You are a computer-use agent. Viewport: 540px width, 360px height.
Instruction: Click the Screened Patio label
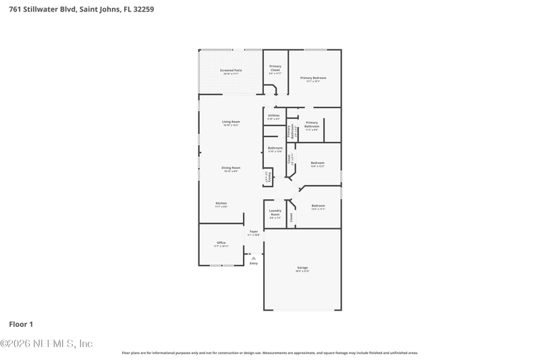(231, 70)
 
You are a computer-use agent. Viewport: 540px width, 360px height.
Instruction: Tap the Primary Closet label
(275, 68)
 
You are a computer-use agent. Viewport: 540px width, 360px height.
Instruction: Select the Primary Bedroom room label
(313, 78)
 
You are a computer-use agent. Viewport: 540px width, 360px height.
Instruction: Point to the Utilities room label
(273, 116)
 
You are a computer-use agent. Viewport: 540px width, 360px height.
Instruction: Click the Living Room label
(231, 122)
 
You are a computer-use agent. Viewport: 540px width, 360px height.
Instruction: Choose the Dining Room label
(231, 168)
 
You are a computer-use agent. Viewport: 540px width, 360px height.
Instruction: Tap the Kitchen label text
(221, 203)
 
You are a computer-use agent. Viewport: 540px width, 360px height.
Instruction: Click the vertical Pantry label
(269, 178)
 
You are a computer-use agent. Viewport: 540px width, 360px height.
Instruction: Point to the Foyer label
(254, 232)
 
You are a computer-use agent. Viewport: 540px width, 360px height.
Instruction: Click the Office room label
(221, 243)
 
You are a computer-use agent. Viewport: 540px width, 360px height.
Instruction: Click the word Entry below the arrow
(254, 263)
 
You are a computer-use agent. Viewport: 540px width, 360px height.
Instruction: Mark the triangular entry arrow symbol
(254, 258)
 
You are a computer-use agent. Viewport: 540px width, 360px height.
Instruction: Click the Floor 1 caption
(21, 324)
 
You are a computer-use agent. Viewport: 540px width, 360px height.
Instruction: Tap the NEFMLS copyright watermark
(47, 344)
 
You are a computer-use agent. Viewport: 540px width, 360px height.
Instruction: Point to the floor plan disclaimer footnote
(269, 353)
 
